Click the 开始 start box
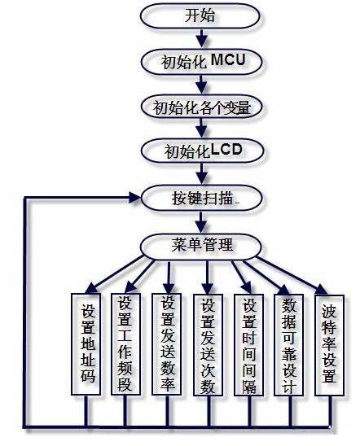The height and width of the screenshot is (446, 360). [x=200, y=16]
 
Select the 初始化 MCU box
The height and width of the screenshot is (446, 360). [x=201, y=62]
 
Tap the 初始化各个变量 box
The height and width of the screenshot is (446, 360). [x=202, y=107]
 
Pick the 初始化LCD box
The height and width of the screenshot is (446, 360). [x=202, y=151]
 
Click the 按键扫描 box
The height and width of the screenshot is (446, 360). [x=202, y=199]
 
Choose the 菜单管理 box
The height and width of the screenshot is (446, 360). [x=201, y=246]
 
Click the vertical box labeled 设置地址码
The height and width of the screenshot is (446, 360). [x=86, y=344]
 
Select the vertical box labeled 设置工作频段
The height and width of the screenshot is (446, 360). [x=125, y=344]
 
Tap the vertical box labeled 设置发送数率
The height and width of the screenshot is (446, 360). [x=166, y=344]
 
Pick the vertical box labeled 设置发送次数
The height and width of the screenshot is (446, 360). [x=208, y=345]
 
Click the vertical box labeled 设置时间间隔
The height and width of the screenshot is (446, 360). [x=248, y=345]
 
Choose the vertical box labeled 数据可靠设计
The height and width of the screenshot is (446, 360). [x=288, y=345]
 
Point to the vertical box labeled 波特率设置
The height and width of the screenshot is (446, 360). [x=329, y=345]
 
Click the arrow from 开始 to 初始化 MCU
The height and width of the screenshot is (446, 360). [x=202, y=38]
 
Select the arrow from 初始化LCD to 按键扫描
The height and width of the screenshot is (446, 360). [x=202, y=174]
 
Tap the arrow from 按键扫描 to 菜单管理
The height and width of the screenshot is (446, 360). [x=201, y=222]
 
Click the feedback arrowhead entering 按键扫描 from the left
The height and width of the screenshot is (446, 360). [x=134, y=198]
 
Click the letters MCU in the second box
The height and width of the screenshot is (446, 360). [x=228, y=59]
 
